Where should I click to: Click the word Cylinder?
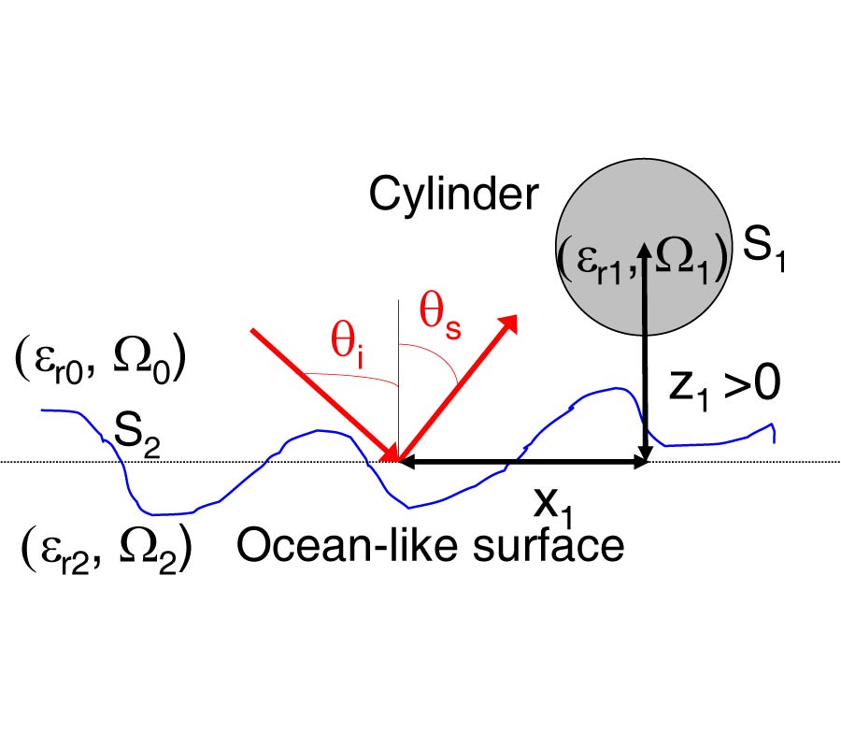[453, 194]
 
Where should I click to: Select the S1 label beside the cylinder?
[763, 252]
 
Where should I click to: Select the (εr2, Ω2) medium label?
[106, 546]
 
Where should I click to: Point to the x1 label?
[551, 506]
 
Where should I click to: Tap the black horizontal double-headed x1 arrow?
[523, 461]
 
